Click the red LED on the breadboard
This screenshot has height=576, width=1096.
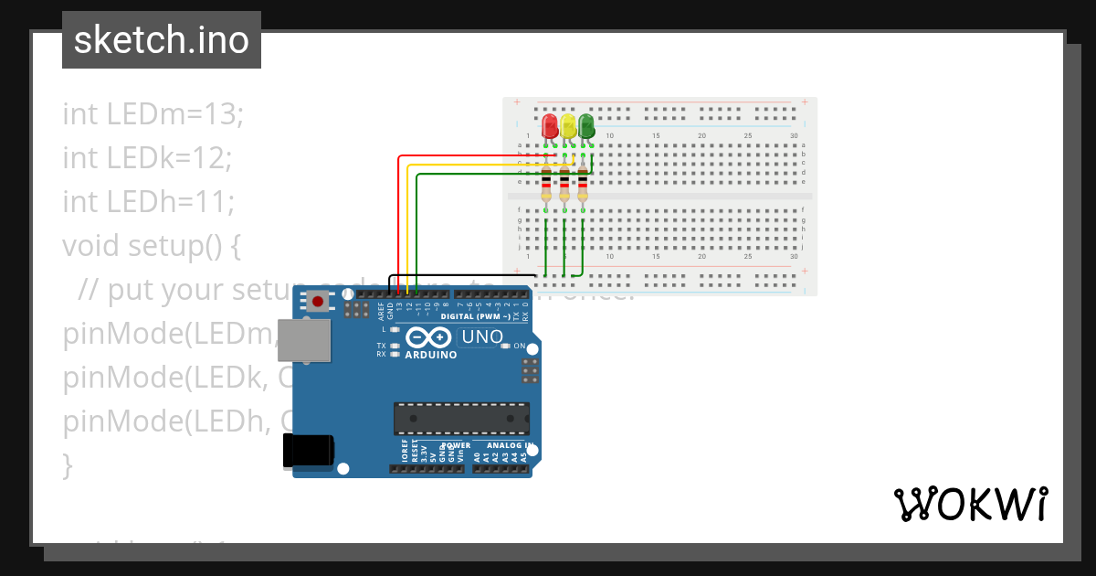tap(549, 126)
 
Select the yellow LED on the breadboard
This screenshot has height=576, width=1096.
tap(568, 126)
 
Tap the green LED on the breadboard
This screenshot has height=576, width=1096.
tap(585, 126)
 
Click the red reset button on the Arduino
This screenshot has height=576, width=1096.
tap(318, 300)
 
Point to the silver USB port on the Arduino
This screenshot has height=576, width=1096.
tap(305, 340)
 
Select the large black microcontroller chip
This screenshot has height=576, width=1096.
tap(461, 418)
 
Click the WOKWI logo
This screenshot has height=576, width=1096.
tap(970, 505)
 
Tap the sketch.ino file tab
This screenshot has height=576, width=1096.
tap(162, 40)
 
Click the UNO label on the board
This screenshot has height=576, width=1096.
tap(482, 336)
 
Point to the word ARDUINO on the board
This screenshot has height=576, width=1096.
tap(430, 355)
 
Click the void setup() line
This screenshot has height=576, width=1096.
tap(153, 245)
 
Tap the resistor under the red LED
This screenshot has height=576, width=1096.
tap(546, 184)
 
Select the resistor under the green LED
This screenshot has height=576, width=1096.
tap(583, 184)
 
